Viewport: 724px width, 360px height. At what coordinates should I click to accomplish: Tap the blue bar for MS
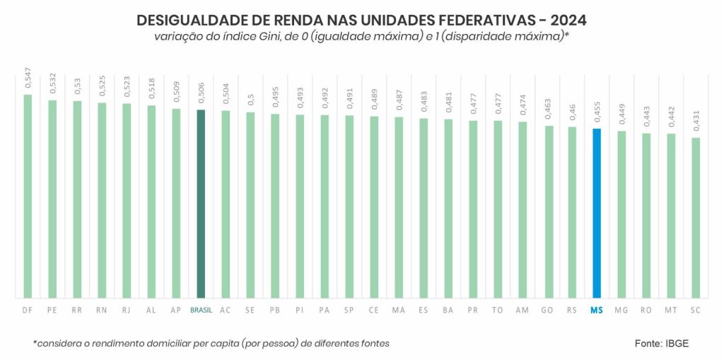pyautogui.click(x=597, y=213)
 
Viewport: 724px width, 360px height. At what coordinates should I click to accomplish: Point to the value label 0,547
pyautogui.click(x=28, y=77)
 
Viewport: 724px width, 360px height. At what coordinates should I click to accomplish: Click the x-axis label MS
pyautogui.click(x=597, y=310)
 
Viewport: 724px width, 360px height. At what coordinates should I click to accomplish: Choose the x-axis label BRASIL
pyautogui.click(x=201, y=310)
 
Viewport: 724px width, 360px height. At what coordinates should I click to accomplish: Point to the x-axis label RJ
pyautogui.click(x=127, y=310)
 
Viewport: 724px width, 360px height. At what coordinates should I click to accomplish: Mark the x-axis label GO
pyautogui.click(x=547, y=310)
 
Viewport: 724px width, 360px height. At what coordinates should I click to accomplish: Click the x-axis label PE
pyautogui.click(x=52, y=310)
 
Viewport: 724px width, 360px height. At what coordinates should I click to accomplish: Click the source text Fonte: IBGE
pyautogui.click(x=661, y=343)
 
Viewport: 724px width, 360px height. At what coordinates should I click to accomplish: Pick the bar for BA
pyautogui.click(x=448, y=209)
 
